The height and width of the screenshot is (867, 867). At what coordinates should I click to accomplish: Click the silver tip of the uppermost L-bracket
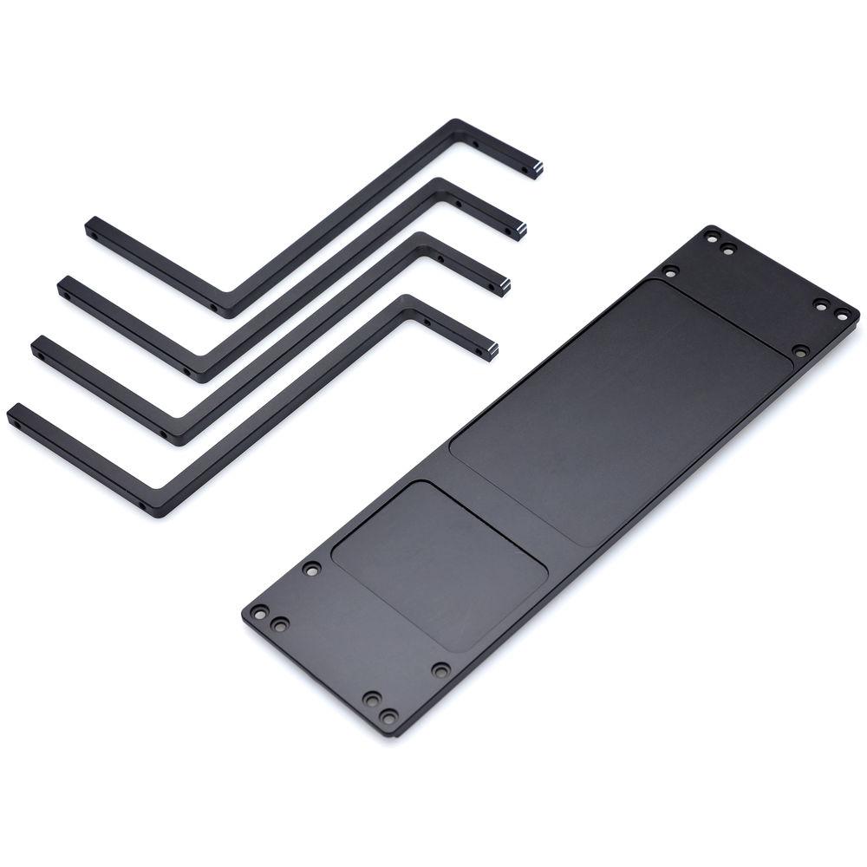tap(538, 169)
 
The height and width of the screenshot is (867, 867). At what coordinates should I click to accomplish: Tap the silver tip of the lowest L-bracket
tap(492, 351)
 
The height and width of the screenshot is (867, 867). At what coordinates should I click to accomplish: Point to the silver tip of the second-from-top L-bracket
tap(520, 231)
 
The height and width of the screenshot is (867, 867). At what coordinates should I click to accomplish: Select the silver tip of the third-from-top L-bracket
tap(504, 287)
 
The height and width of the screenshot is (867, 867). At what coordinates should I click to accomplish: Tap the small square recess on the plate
tap(440, 564)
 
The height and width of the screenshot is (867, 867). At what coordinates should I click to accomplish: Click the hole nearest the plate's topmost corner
tap(712, 237)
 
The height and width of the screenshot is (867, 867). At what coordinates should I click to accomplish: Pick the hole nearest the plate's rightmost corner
tap(841, 312)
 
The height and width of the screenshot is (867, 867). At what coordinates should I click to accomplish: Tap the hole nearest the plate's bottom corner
tap(390, 716)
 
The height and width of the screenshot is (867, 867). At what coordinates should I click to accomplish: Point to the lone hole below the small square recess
tap(440, 669)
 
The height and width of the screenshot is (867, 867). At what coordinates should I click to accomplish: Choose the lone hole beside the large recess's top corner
tap(669, 271)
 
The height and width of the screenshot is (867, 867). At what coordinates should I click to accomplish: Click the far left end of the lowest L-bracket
tap(13, 415)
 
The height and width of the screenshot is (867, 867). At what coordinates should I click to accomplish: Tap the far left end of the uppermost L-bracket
tap(90, 228)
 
